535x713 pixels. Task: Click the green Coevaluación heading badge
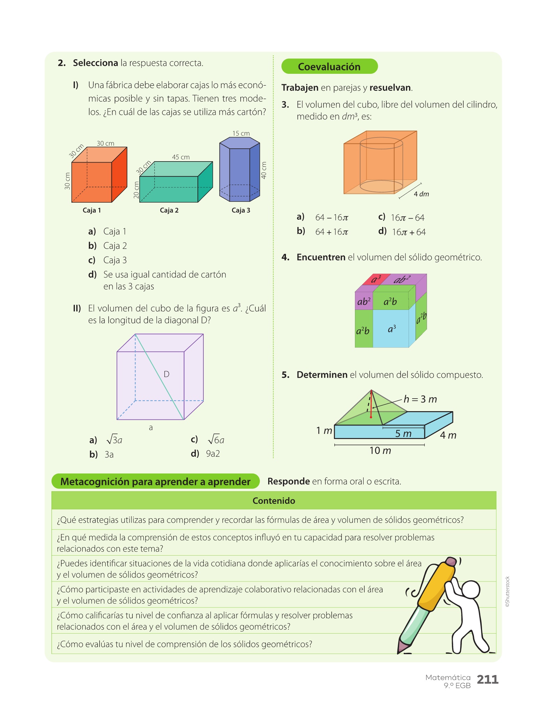(x=329, y=66)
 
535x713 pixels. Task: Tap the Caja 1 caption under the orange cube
(x=92, y=210)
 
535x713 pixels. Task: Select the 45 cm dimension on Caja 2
(x=181, y=157)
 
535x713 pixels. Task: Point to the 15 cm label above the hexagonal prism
(x=241, y=133)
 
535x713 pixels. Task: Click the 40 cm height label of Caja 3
(x=264, y=170)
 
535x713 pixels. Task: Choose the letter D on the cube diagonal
(x=166, y=374)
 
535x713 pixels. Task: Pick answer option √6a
(x=216, y=440)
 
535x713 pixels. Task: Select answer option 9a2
(x=213, y=454)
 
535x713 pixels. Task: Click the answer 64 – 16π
(x=332, y=218)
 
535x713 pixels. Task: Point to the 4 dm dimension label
(x=421, y=194)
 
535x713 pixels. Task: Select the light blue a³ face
(x=391, y=329)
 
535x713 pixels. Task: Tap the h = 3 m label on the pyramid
(x=420, y=399)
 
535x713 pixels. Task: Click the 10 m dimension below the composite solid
(x=380, y=451)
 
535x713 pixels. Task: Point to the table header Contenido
(x=274, y=501)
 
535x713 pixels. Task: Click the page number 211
(x=488, y=679)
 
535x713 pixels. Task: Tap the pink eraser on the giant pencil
(x=451, y=561)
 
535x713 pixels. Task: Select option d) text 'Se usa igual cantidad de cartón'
(x=164, y=275)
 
